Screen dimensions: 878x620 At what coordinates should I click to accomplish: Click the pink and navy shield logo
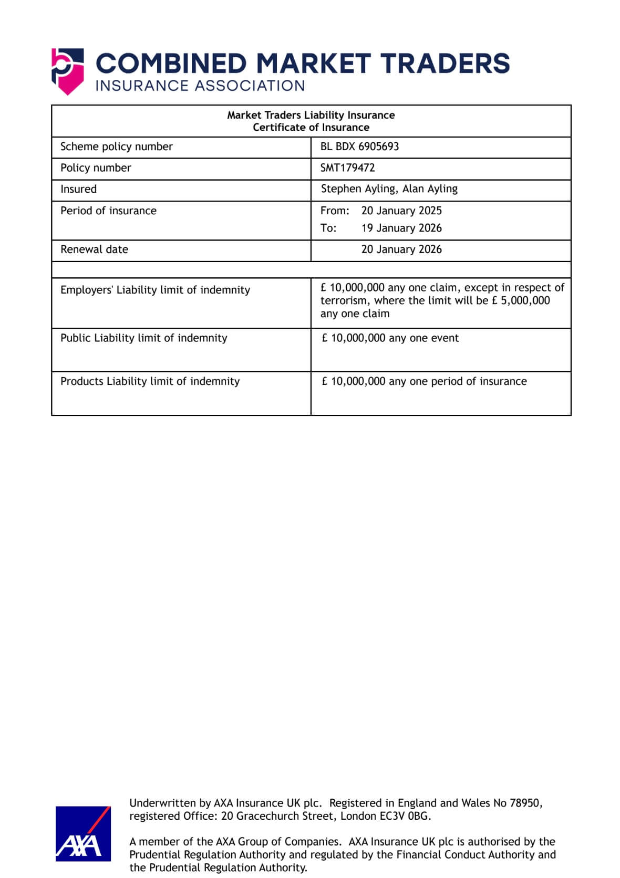67,71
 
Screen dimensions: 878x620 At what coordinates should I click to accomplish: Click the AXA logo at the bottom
83,833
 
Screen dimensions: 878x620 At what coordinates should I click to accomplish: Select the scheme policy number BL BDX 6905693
359,147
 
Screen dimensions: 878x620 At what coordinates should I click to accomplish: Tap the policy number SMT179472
347,168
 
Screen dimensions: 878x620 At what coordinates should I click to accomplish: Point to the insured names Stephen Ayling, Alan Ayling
389,189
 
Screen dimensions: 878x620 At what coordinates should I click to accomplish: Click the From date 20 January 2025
401,211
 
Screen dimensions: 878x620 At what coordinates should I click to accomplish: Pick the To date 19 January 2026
401,228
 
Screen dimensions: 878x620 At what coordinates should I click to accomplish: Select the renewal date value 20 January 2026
401,249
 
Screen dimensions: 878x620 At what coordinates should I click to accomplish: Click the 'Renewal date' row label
94,249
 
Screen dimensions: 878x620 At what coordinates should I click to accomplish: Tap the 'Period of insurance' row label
108,211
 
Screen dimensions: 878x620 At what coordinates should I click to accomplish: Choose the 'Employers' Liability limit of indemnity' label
155,290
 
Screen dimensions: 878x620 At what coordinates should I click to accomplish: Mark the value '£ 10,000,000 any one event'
390,338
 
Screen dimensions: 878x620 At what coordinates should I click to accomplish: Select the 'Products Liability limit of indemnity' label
150,381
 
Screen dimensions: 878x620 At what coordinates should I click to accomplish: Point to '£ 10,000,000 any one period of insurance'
424,381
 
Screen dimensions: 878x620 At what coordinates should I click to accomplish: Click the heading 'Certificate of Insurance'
311,128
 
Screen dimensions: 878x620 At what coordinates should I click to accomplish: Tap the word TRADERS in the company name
445,64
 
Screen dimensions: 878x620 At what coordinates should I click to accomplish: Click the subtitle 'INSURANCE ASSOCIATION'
200,86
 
